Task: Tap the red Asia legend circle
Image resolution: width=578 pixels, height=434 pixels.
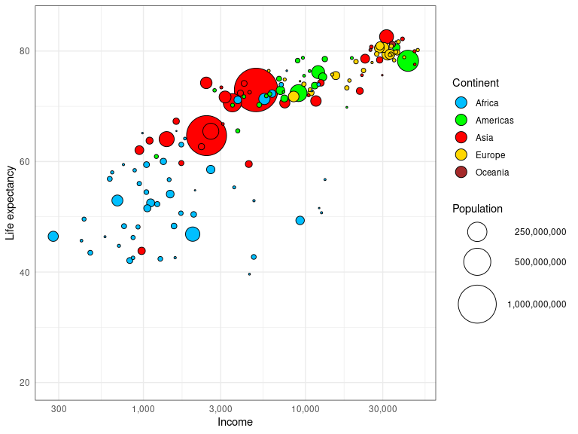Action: (461, 137)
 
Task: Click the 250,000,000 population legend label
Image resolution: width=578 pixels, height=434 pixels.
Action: (540, 232)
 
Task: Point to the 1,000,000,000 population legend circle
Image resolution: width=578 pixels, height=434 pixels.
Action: (477, 304)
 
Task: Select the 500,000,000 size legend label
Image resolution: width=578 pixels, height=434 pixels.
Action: (540, 262)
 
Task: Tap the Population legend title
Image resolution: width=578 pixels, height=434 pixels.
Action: (477, 209)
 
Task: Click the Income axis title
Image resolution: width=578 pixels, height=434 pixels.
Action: (235, 422)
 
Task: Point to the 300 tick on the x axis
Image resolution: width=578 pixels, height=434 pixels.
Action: (59, 409)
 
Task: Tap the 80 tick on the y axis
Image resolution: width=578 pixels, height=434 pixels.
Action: (24, 51)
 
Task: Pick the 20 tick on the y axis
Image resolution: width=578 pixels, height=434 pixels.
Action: (24, 383)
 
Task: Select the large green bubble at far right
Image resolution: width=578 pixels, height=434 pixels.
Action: (408, 61)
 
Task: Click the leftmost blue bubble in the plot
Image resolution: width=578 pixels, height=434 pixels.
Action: (53, 237)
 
